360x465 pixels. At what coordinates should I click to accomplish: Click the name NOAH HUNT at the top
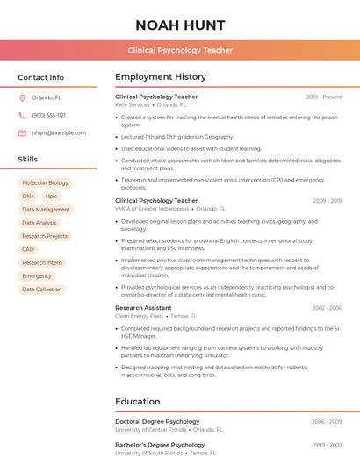(180, 25)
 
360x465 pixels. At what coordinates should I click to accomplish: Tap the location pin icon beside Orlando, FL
(22, 97)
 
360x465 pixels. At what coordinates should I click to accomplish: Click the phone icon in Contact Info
(22, 115)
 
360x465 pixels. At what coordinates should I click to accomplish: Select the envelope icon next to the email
(22, 133)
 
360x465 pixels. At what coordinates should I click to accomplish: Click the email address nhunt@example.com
(59, 133)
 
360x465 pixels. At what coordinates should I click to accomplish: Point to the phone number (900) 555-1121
(49, 115)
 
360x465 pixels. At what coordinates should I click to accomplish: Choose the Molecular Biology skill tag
(46, 183)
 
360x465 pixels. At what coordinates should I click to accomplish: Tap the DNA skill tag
(28, 197)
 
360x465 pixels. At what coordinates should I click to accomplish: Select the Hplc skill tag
(52, 197)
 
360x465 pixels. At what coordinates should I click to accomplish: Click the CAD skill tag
(28, 249)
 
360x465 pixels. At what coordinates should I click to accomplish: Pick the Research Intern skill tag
(42, 262)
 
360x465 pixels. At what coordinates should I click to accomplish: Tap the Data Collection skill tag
(42, 290)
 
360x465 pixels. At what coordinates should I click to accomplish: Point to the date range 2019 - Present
(324, 97)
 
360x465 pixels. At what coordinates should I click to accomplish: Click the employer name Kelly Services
(133, 105)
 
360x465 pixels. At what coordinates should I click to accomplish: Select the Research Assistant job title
(143, 308)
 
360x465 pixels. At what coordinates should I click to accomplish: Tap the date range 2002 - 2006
(326, 308)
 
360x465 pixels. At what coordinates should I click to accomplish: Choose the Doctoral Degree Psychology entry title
(157, 422)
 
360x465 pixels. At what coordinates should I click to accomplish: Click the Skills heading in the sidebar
(28, 160)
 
